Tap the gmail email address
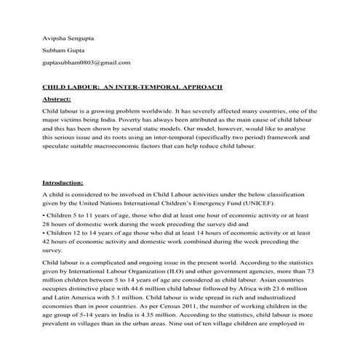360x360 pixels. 87,63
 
